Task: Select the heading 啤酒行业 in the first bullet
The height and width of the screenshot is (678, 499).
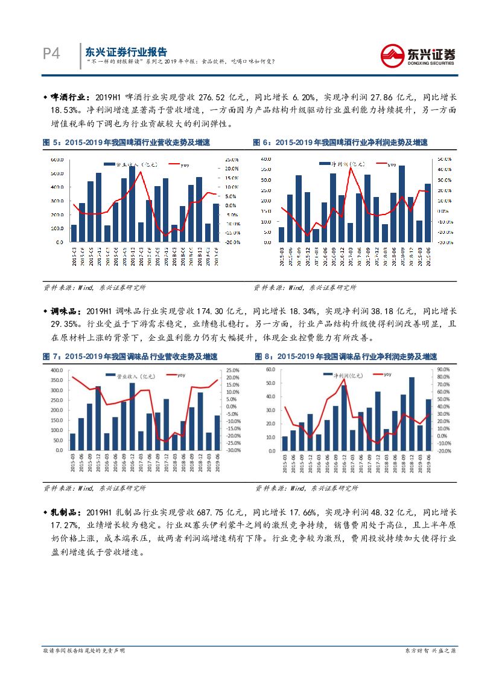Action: tap(69, 97)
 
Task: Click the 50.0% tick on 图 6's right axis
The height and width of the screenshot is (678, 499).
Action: tap(443, 160)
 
